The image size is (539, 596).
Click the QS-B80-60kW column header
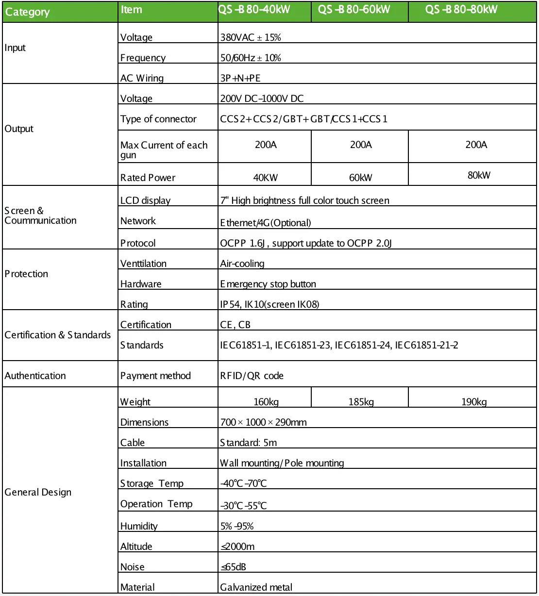(x=354, y=10)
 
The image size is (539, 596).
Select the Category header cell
(x=27, y=12)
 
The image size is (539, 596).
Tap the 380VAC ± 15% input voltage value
(x=251, y=37)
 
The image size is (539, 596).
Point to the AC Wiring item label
(x=142, y=78)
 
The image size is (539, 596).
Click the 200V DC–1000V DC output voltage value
(x=262, y=99)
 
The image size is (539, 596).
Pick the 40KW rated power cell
(x=265, y=178)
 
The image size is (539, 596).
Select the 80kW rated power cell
(x=479, y=175)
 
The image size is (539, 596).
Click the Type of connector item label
(x=158, y=119)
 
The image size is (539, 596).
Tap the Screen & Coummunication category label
(x=40, y=215)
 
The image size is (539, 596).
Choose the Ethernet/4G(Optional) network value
(x=265, y=223)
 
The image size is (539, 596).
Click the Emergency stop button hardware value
(x=268, y=284)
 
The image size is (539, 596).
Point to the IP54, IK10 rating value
(x=269, y=304)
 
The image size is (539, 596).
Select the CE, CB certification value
(x=235, y=325)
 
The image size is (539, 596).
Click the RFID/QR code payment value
(x=252, y=376)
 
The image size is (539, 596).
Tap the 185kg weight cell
(x=361, y=402)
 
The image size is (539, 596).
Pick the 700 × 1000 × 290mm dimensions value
(x=263, y=422)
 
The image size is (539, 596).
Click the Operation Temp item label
(x=156, y=504)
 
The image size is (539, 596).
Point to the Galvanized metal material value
(x=256, y=587)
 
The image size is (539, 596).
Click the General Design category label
(x=38, y=492)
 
